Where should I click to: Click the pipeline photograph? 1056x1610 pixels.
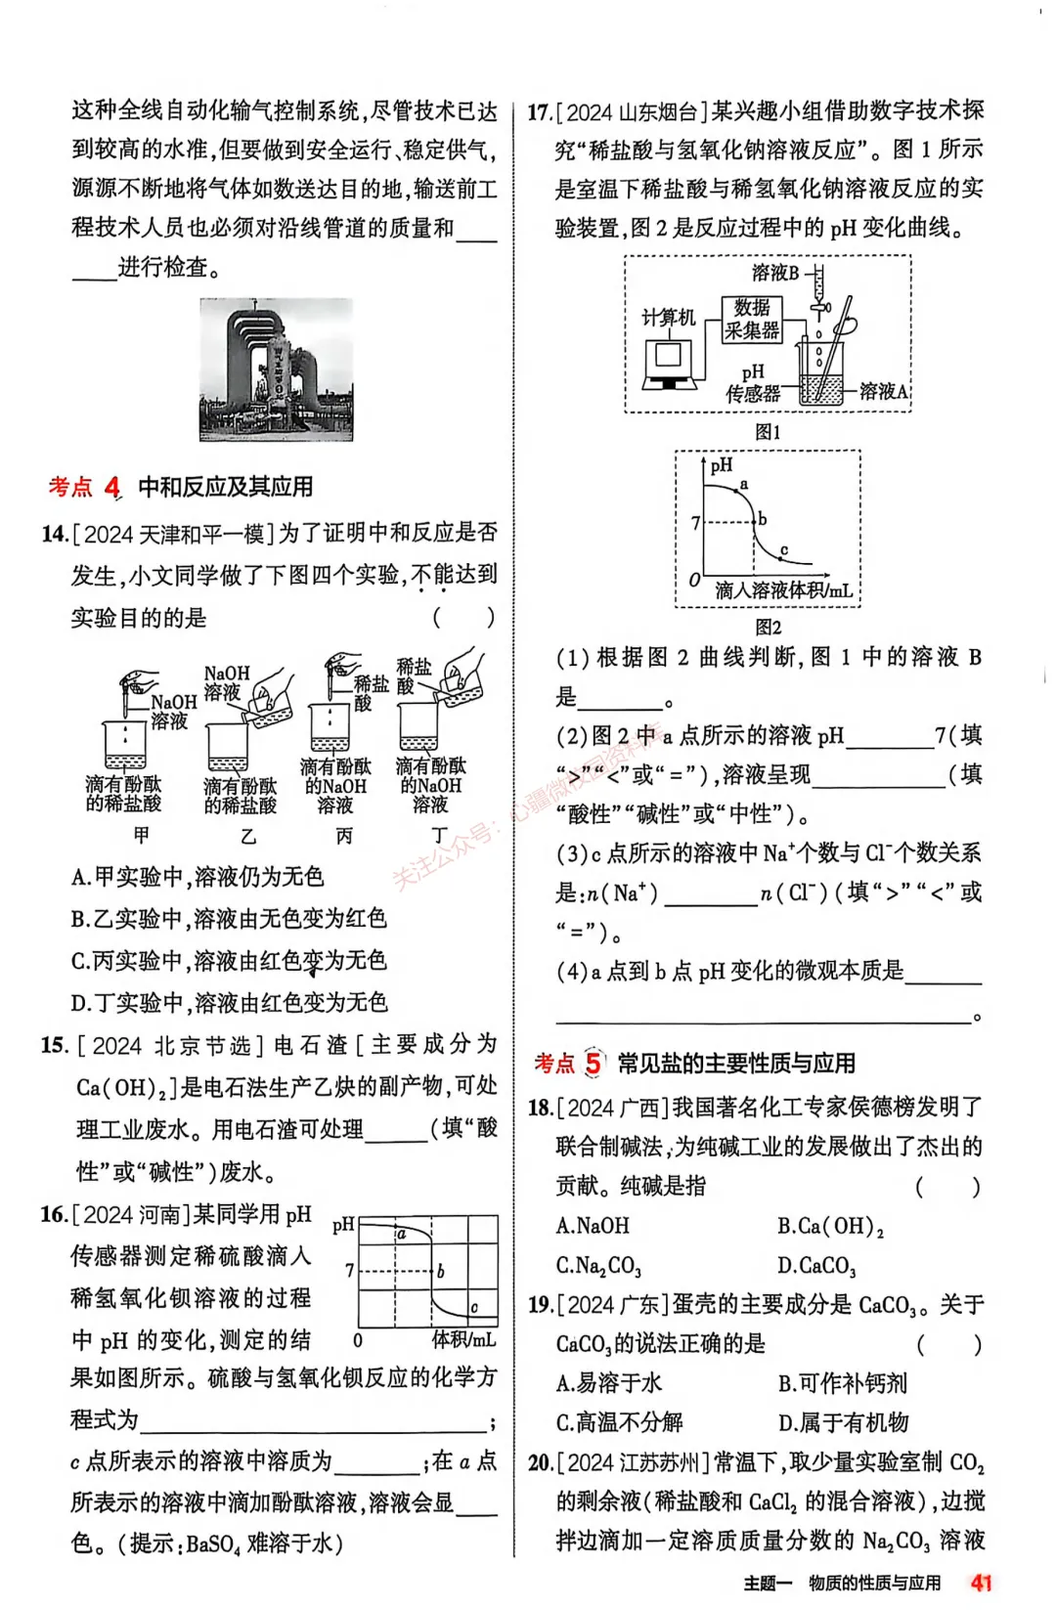click(276, 370)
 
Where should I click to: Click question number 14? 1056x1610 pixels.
click(54, 534)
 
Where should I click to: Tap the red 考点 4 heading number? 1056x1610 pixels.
click(112, 486)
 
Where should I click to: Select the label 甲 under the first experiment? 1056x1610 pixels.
click(142, 835)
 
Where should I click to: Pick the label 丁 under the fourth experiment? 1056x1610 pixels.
click(439, 835)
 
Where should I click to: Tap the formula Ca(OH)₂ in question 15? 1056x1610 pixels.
click(127, 1087)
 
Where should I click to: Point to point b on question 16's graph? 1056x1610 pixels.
click(441, 1271)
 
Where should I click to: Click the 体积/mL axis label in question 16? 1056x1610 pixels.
click(463, 1339)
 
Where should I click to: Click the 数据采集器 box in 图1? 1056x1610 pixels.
click(752, 320)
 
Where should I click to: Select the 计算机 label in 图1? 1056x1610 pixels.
click(668, 318)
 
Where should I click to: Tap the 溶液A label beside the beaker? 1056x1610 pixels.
click(883, 391)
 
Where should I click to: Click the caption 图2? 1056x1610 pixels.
click(768, 627)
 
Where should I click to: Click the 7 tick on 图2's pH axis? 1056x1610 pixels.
click(695, 523)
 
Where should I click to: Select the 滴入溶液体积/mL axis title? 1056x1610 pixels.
click(783, 590)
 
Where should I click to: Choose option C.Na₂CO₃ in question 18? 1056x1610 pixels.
click(598, 1266)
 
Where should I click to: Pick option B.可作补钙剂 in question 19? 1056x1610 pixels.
click(842, 1383)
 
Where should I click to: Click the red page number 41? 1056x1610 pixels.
click(981, 1583)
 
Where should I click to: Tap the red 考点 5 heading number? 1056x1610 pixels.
click(593, 1063)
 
